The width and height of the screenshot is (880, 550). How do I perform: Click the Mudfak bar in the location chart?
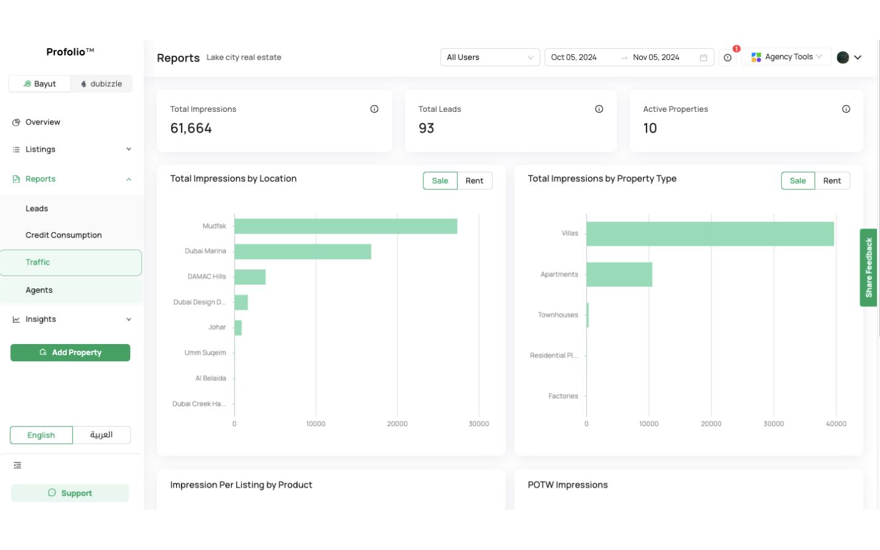345,226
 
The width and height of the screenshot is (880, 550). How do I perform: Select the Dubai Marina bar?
302,251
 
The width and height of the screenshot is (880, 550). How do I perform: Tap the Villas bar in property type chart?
710,233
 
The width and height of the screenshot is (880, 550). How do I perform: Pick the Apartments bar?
618,274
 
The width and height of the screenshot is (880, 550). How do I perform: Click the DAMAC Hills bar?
249,277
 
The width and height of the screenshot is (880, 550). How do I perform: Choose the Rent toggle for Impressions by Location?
474,181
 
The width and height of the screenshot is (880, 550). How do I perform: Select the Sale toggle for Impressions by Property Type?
797,181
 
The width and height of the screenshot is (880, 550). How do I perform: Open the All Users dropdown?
490,57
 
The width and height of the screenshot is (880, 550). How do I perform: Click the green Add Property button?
70,353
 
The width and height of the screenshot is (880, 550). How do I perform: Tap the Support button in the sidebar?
70,493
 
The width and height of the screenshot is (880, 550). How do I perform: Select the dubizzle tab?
101,84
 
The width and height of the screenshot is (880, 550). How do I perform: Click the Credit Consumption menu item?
64,235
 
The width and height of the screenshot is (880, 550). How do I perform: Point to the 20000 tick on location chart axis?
397,424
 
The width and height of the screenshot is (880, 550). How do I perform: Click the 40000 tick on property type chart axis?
835,424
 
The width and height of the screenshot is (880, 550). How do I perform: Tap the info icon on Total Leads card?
599,109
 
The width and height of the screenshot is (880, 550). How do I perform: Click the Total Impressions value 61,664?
191,128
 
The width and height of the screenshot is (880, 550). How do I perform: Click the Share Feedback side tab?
868,268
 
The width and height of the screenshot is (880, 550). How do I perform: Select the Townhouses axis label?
557,315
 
